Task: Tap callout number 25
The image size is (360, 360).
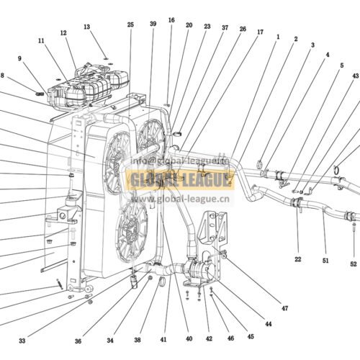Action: pyautogui.click(x=130, y=25)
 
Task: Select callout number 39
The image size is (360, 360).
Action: pyautogui.click(x=153, y=24)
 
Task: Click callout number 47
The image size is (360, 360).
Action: pyautogui.click(x=284, y=308)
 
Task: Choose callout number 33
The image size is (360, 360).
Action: pyautogui.click(x=22, y=341)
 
